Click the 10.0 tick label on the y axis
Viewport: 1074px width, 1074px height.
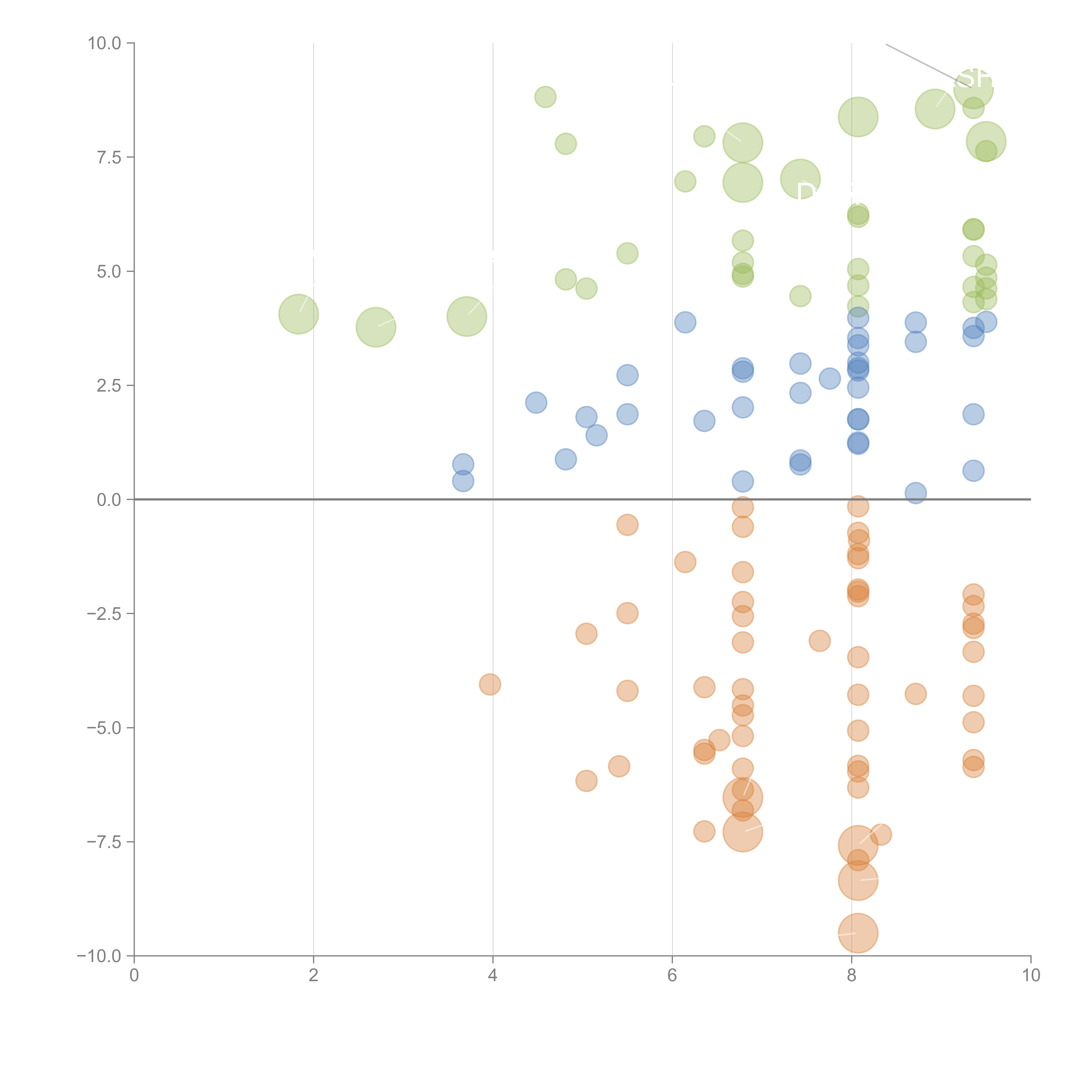coord(105,43)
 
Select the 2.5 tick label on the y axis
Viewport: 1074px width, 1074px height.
coord(109,386)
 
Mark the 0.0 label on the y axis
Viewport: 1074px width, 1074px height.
coord(109,500)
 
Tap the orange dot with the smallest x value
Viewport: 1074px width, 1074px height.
coord(490,684)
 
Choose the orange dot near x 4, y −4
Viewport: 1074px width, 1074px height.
coord(490,684)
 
